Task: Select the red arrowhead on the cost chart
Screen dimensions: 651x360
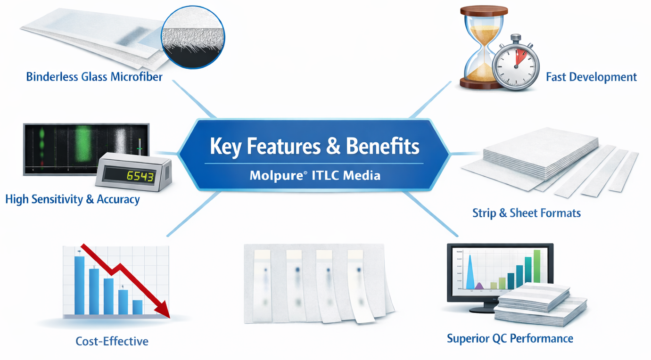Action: pos(163,310)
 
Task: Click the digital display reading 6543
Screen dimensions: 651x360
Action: pos(140,176)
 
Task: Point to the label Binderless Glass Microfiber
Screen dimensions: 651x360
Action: pos(94,77)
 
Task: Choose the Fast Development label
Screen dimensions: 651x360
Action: pos(591,77)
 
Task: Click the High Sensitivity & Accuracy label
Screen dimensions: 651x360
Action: pos(73,199)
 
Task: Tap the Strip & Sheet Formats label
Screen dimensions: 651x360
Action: pos(527,213)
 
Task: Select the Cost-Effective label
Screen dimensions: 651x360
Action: pos(112,341)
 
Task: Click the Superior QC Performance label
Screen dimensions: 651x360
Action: pos(510,338)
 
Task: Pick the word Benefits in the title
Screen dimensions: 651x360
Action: pos(382,146)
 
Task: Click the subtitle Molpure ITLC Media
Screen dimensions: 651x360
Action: pos(315,175)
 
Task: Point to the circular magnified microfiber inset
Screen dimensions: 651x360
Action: pos(193,37)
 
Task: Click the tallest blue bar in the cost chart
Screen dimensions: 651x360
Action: pos(79,285)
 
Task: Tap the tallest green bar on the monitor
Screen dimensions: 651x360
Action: pos(537,266)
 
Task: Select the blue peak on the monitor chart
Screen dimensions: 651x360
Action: pos(470,272)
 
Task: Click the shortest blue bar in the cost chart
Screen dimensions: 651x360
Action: pos(138,307)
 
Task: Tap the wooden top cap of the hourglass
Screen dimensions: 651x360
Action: pos(484,11)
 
